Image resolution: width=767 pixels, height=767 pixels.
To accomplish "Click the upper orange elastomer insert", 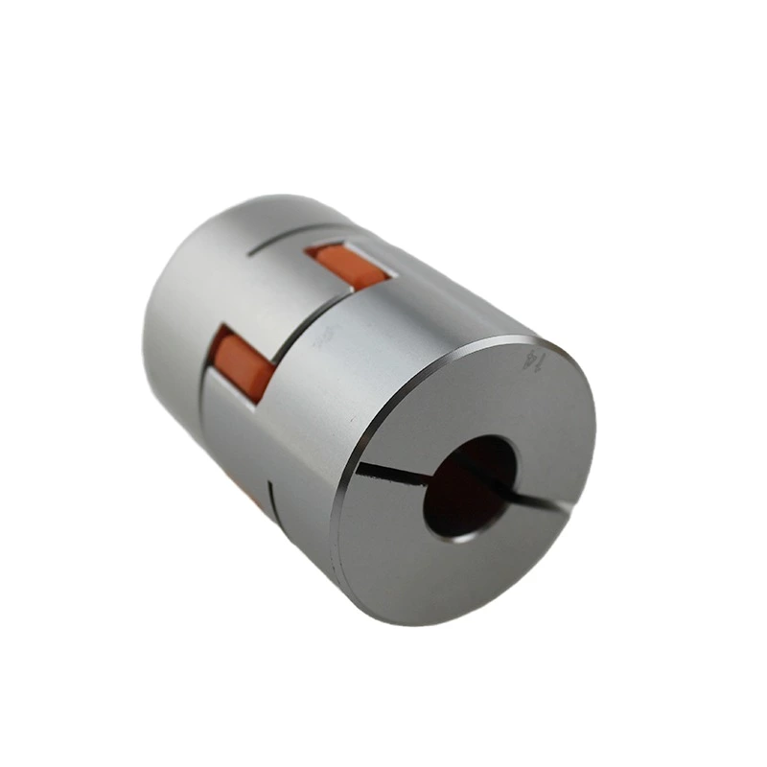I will click(x=347, y=267).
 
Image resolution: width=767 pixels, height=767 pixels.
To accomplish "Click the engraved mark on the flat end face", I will click(x=530, y=362).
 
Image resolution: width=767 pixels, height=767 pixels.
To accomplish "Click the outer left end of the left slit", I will click(x=360, y=468).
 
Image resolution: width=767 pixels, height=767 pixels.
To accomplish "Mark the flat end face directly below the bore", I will click(x=460, y=575).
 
